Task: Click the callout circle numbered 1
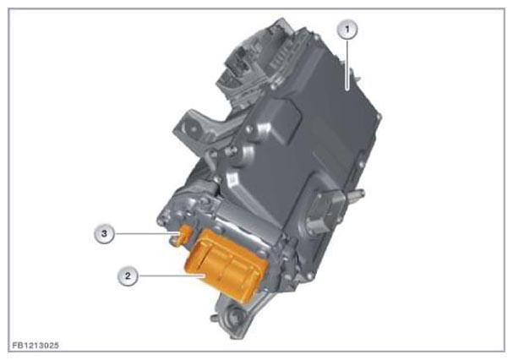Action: [347, 30]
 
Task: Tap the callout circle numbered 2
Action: [128, 275]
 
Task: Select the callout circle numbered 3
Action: [104, 234]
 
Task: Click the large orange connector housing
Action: [226, 265]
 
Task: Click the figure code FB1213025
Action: [35, 346]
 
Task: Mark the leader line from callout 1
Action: [347, 64]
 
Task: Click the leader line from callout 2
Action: [172, 276]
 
